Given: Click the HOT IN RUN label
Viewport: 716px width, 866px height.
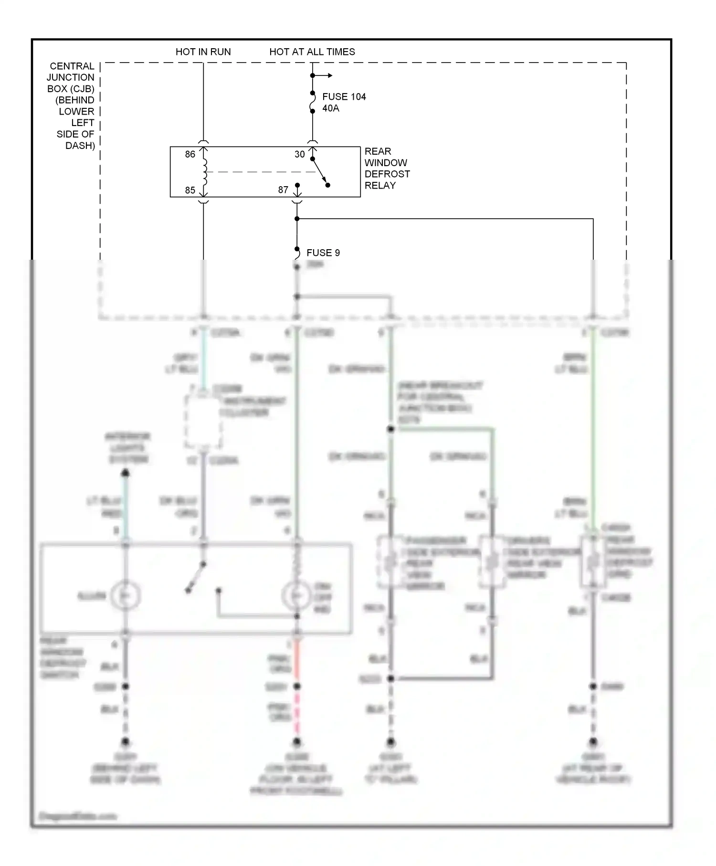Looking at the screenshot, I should (203, 52).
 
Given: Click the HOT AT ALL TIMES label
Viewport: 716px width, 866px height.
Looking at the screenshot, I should (312, 52).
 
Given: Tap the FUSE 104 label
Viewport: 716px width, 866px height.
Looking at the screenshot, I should (344, 96).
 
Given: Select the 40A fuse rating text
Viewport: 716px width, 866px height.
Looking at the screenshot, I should (330, 108).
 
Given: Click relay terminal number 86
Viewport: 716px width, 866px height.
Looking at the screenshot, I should (190, 154).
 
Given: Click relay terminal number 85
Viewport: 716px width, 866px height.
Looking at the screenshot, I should (190, 190).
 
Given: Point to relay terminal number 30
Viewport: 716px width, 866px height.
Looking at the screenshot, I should (299, 154).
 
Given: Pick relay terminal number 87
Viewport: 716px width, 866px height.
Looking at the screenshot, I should (283, 190).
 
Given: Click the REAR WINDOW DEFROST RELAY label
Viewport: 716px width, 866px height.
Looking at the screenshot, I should (387, 168).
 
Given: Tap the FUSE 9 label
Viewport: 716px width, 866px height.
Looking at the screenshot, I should (323, 253).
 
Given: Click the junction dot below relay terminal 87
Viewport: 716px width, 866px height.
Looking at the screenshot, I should (297, 219).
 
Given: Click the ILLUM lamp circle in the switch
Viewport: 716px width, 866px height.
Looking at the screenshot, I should (125, 596).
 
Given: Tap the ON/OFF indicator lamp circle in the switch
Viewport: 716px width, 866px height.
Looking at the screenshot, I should (296, 596).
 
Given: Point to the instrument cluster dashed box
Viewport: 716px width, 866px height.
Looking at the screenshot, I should (203, 422).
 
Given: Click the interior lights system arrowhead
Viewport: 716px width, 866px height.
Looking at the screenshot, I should (125, 473).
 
